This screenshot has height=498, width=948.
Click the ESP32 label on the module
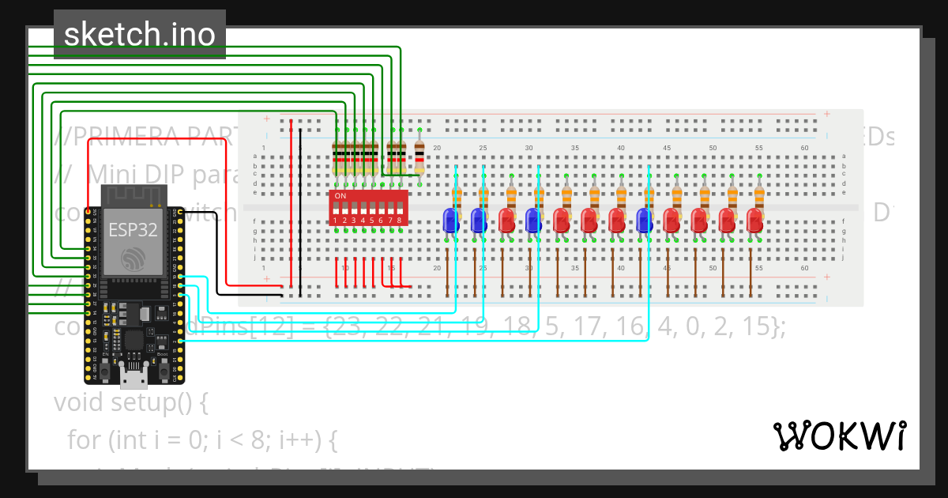tap(133, 230)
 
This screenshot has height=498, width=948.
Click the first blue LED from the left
tap(450, 221)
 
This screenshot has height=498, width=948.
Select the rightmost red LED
tap(754, 221)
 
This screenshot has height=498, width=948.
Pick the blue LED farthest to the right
tap(645, 221)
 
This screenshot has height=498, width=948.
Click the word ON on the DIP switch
tap(340, 195)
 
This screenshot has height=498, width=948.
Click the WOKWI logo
tap(839, 436)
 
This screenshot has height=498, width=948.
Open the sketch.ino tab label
tap(140, 34)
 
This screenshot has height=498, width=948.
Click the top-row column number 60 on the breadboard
tap(804, 148)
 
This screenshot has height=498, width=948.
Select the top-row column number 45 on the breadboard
tap(667, 148)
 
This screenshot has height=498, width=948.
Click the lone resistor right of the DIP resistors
tap(419, 157)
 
